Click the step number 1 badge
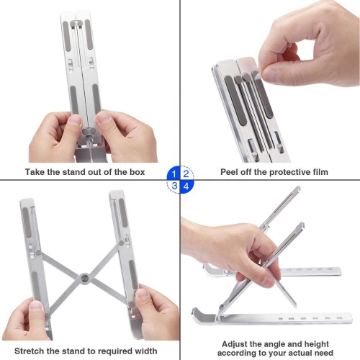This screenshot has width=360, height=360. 173,174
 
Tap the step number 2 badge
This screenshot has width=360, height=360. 186,174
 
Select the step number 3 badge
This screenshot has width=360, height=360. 173,186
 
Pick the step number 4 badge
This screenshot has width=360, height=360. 186,186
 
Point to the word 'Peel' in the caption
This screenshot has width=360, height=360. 233,173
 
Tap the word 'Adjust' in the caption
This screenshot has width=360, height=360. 238,344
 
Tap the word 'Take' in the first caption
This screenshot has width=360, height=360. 36,173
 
